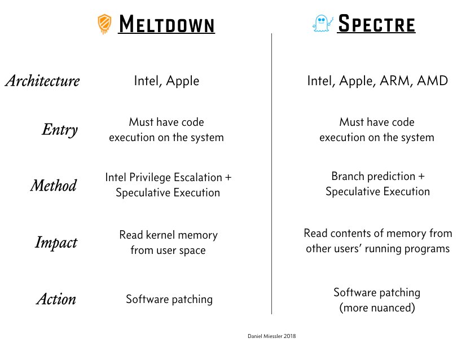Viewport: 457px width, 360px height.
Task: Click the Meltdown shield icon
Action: pos(104,24)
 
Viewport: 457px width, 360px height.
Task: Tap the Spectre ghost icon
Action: pos(322,24)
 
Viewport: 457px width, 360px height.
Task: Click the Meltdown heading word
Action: pos(166,25)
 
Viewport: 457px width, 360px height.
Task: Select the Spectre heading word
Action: pos(376,24)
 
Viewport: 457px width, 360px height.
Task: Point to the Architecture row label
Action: pos(42,81)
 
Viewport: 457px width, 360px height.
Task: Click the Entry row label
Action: pos(59,130)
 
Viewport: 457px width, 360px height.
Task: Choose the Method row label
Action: pos(53,185)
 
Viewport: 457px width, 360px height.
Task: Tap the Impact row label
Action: pos(56,243)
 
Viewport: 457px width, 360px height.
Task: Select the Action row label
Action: pos(56,298)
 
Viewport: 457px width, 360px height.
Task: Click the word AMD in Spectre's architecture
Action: pos(432,81)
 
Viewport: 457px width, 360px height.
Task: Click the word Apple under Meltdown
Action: pos(183,81)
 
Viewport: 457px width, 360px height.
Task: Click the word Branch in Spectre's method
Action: pos(349,176)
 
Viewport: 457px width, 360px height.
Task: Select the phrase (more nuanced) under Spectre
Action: pos(377,308)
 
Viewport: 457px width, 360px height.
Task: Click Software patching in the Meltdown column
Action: pos(169,299)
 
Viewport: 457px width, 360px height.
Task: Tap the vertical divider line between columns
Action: pos(272,169)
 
